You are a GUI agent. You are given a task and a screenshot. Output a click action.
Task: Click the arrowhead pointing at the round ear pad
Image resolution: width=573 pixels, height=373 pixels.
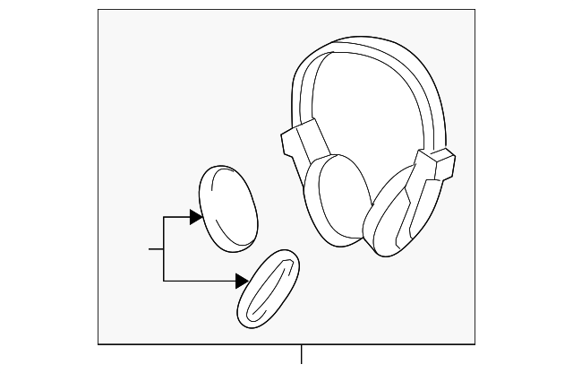tap(195, 216)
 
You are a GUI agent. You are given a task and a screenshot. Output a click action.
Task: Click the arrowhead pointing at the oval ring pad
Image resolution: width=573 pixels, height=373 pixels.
tap(242, 282)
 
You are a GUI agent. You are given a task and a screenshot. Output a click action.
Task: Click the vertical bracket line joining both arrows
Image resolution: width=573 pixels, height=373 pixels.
tap(164, 249)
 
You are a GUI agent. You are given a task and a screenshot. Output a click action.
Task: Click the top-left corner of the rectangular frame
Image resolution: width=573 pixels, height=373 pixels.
tap(98, 10)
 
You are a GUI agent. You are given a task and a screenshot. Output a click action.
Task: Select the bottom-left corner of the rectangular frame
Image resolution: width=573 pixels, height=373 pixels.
tap(98, 344)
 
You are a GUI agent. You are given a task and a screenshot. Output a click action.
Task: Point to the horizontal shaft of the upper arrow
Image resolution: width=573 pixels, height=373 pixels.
tap(176, 216)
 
